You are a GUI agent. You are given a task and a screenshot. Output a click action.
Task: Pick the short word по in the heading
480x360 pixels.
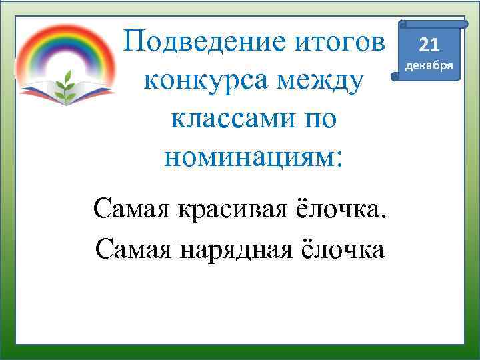[319, 121]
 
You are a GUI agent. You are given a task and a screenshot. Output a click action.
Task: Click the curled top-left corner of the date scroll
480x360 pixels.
[402, 25]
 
